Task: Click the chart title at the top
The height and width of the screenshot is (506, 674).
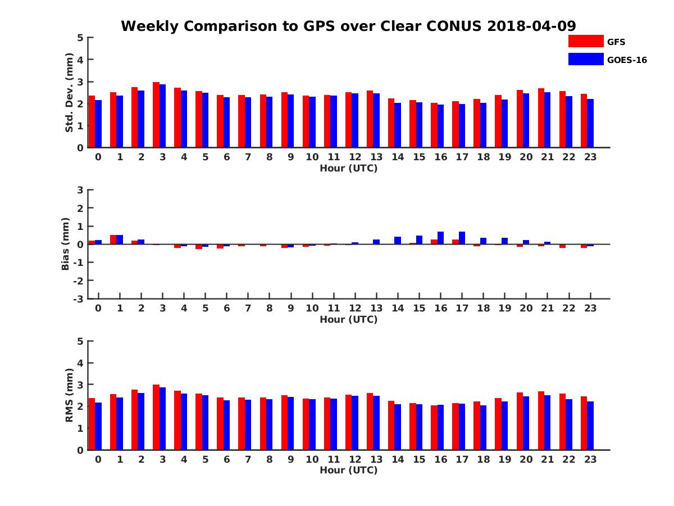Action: coord(348,26)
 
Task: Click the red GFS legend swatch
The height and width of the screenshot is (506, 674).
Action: coord(585,41)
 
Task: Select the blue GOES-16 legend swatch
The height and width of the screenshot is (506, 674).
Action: coord(585,59)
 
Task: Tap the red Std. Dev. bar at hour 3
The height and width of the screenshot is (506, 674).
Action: coord(156,115)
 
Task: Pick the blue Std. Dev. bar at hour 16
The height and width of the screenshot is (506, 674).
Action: coord(440,126)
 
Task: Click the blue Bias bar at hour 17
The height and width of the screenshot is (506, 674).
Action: coord(462,238)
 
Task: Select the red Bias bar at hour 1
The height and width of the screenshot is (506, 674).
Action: coord(113,240)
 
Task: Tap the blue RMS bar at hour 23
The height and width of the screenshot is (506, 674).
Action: coord(590,426)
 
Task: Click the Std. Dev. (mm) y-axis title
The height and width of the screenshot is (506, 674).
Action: coord(69,92)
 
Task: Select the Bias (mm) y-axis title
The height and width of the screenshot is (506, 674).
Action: coord(66,244)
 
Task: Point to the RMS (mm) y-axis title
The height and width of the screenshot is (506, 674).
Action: coord(69,395)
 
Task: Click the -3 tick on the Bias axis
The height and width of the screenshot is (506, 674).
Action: coord(79,299)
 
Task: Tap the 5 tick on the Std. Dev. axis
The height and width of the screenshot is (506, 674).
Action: coord(81,38)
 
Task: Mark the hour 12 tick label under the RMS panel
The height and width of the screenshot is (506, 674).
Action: coord(354,459)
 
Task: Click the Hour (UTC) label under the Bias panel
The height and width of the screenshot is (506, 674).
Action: coord(348,319)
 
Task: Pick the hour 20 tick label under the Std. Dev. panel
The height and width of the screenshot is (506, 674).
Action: coord(526,157)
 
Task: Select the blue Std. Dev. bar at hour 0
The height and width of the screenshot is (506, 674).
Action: coord(98,124)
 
